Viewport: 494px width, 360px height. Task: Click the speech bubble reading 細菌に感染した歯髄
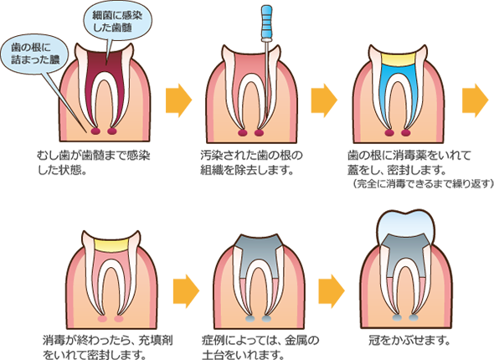pyautogui.click(x=118, y=22)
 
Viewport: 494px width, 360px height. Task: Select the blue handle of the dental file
pyautogui.click(x=267, y=23)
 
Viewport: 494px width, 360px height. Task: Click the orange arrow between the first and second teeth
pyautogui.click(x=178, y=100)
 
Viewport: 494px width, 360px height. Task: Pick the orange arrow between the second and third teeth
pyautogui.click(x=324, y=100)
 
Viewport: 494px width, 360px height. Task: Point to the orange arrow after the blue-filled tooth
pyautogui.click(x=475, y=100)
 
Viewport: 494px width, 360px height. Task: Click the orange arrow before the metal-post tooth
pyautogui.click(x=186, y=291)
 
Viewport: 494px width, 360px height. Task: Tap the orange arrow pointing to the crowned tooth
pyautogui.click(x=332, y=291)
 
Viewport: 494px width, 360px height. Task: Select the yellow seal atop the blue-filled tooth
pyautogui.click(x=399, y=59)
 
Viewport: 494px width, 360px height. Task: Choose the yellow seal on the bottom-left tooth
pyautogui.click(x=111, y=244)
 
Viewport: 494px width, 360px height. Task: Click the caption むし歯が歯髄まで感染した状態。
pyautogui.click(x=94, y=162)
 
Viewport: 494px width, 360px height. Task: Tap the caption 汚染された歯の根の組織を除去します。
pyautogui.click(x=251, y=162)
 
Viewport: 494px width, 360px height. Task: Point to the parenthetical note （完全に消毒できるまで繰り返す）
pyautogui.click(x=423, y=183)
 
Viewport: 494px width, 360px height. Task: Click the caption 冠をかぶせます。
pyautogui.click(x=409, y=340)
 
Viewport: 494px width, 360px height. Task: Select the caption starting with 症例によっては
pyautogui.click(x=260, y=347)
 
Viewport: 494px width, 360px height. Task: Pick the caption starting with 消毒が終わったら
pyautogui.click(x=107, y=347)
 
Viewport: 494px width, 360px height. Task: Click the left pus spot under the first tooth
pyautogui.click(x=95, y=131)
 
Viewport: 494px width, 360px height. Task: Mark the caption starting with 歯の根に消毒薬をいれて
pyautogui.click(x=409, y=162)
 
